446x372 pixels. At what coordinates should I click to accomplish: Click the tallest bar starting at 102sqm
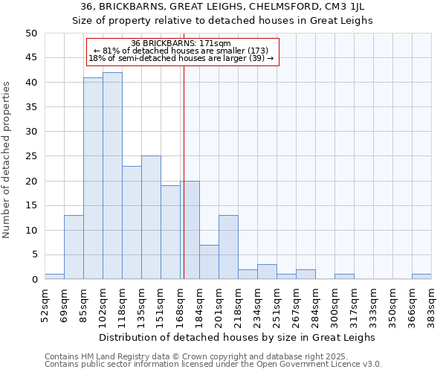[x=112, y=176]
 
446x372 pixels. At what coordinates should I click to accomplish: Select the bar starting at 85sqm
[x=93, y=179]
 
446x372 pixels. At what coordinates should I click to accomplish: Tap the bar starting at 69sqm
[x=74, y=247]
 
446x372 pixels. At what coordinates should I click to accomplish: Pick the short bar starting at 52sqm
[x=54, y=277]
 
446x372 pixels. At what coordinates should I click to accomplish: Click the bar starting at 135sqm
[x=151, y=217]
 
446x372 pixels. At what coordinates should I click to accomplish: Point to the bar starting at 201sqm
[x=228, y=247]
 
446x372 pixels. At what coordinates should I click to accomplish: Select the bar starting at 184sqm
[x=209, y=262]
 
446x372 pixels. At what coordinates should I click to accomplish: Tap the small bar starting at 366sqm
[x=421, y=277]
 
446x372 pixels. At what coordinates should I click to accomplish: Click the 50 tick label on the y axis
[x=30, y=33]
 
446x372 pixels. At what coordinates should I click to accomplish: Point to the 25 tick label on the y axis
[x=30, y=156]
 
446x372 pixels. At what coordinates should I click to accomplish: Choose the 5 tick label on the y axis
[x=33, y=254]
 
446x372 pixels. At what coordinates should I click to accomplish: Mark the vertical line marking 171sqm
[x=184, y=186]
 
